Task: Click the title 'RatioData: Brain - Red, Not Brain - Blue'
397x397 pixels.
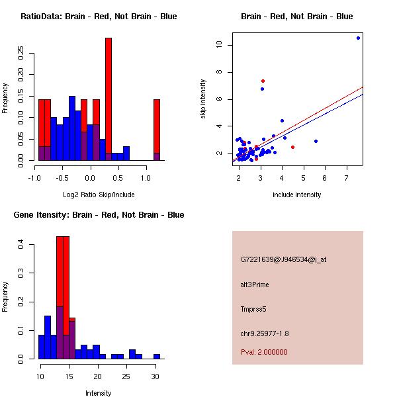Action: (99, 17)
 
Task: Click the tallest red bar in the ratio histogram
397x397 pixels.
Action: (109, 99)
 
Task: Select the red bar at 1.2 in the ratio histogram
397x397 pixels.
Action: (157, 129)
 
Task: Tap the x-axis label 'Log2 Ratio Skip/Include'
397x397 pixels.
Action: (99, 194)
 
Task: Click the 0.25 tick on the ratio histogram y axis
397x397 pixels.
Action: (22, 53)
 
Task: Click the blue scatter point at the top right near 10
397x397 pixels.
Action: (358, 38)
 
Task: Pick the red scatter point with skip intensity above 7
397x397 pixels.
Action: (263, 81)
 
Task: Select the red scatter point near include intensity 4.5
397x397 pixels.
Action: (292, 147)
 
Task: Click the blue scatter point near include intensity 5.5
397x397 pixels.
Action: (316, 141)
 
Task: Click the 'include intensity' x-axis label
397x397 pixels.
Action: (297, 195)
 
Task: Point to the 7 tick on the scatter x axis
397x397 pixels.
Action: (347, 177)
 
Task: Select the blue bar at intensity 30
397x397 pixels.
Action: (157, 356)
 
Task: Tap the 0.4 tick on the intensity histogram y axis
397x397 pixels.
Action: (22, 245)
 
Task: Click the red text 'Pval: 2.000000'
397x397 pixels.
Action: (264, 352)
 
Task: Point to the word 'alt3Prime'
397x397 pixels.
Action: (255, 285)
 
